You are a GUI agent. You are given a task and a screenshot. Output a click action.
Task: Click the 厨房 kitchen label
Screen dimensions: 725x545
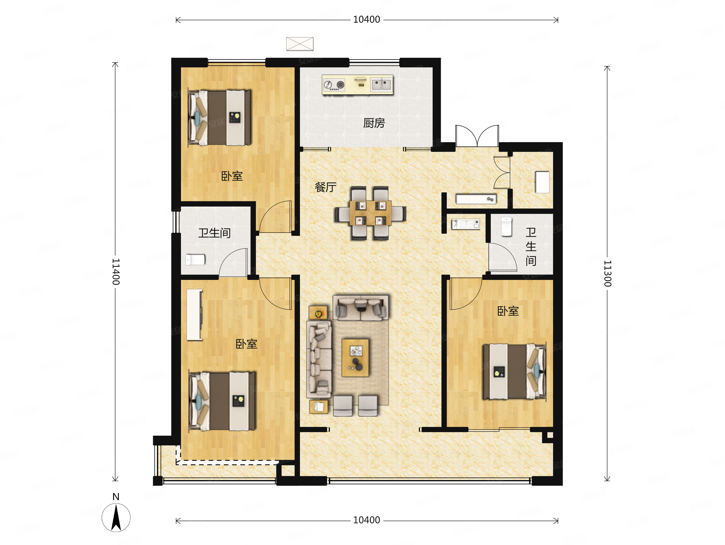tap(374, 123)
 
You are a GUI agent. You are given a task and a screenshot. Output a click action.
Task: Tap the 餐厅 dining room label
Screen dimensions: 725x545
tap(325, 187)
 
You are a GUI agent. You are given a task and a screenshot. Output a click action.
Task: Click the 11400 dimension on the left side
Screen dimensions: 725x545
tap(116, 271)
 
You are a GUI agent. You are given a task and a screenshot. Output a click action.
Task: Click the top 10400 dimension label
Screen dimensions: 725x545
tap(366, 20)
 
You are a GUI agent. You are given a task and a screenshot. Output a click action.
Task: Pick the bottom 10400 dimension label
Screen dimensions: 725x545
tap(366, 520)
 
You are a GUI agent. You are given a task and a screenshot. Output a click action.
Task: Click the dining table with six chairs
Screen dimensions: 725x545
tap(370, 213)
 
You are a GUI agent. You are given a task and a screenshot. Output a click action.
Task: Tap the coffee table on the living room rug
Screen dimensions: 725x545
tap(355, 358)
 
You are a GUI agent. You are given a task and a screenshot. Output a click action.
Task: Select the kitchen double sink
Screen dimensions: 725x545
tap(382, 85)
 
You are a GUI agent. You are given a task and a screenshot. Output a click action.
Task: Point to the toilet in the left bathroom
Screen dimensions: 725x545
tap(195, 260)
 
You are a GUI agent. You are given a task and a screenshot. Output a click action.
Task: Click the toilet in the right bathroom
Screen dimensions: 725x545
tap(506, 227)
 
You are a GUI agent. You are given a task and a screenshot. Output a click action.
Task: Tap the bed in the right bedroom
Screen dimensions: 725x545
tap(514, 371)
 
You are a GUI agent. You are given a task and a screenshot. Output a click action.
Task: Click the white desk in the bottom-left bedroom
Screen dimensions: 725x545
tap(194, 315)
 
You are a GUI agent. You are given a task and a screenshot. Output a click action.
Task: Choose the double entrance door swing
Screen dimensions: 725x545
tap(477, 136)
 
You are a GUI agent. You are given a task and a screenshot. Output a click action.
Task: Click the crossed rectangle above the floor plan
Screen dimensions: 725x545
tap(300, 44)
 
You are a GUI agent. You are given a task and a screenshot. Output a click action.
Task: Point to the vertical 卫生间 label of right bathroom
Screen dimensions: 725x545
tap(531, 247)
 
